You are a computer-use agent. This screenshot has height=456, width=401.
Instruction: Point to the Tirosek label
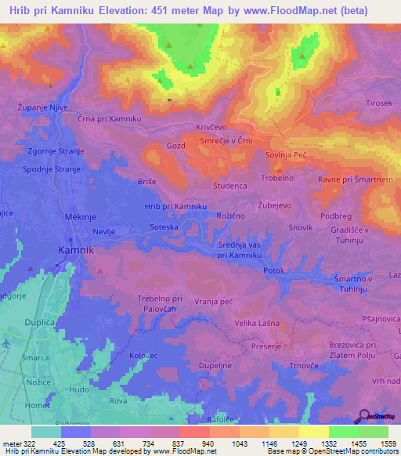378,103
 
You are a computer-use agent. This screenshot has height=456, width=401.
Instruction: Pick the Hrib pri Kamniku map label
175,206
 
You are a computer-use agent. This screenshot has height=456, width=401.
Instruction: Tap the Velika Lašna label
257,323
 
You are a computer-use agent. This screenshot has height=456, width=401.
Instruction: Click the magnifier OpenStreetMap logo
364,415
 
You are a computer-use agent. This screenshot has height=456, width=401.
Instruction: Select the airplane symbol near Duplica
5,344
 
